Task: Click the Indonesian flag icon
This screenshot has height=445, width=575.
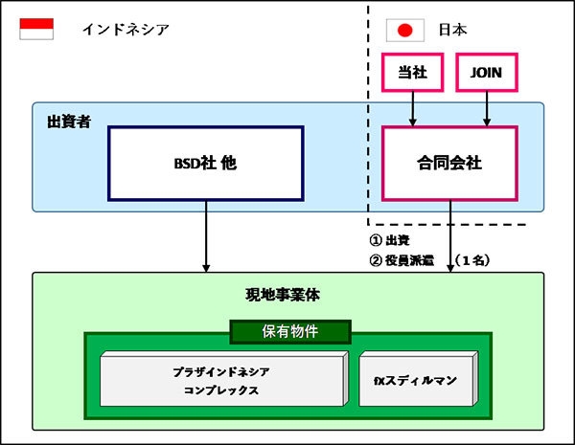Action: pos(36,29)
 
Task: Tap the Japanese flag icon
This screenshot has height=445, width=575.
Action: pos(404,30)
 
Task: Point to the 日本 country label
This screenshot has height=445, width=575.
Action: pos(452,30)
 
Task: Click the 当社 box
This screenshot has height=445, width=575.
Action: pos(413,71)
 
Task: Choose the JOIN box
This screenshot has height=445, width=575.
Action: pos(487,71)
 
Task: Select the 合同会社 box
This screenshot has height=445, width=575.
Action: pos(449,163)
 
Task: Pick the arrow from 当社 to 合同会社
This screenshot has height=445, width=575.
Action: pos(413,107)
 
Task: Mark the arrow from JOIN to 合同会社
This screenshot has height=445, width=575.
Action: pos(487,107)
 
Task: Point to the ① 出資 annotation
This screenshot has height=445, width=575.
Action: pos(391,239)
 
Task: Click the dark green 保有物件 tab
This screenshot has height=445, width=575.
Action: pos(289,331)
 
